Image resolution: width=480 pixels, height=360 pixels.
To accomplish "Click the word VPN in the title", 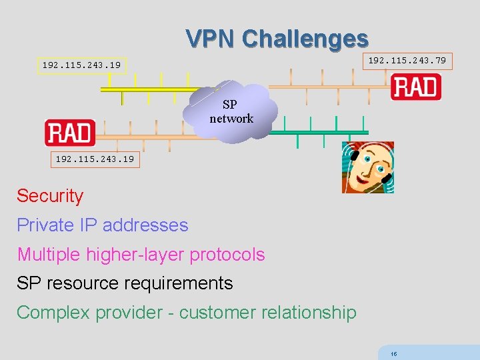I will pos(211,38).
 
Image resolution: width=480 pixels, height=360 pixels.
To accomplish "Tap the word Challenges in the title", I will pos(305,38).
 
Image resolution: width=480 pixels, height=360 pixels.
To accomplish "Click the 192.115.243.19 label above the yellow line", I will pos(81,65).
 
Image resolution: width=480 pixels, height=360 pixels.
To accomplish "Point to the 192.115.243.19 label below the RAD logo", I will pos(95,159).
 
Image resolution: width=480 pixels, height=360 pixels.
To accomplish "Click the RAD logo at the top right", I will pos(416,88).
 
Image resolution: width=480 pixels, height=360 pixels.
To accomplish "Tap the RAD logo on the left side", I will pos(70,133).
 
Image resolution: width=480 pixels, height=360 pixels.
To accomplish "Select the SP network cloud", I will pos(231,111).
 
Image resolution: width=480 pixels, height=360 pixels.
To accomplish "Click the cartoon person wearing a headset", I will pos(368,167).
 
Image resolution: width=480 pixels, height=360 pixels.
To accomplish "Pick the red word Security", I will pos(50,196).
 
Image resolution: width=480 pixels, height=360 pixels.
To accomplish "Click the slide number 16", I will pos(394,354).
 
